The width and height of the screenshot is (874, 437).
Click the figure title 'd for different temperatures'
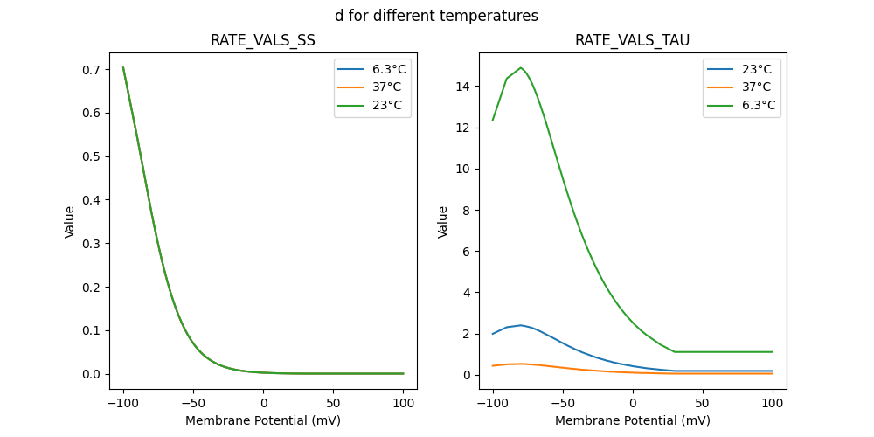click(x=436, y=16)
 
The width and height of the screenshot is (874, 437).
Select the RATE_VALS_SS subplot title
click(x=263, y=41)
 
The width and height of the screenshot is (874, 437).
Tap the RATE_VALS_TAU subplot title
click(x=633, y=41)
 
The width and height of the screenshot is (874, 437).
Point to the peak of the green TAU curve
click(x=521, y=67)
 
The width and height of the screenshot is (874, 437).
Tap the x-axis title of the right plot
click(x=633, y=420)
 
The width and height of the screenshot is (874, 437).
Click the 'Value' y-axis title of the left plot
click(x=70, y=222)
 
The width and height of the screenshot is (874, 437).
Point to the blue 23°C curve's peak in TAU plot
click(x=521, y=325)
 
